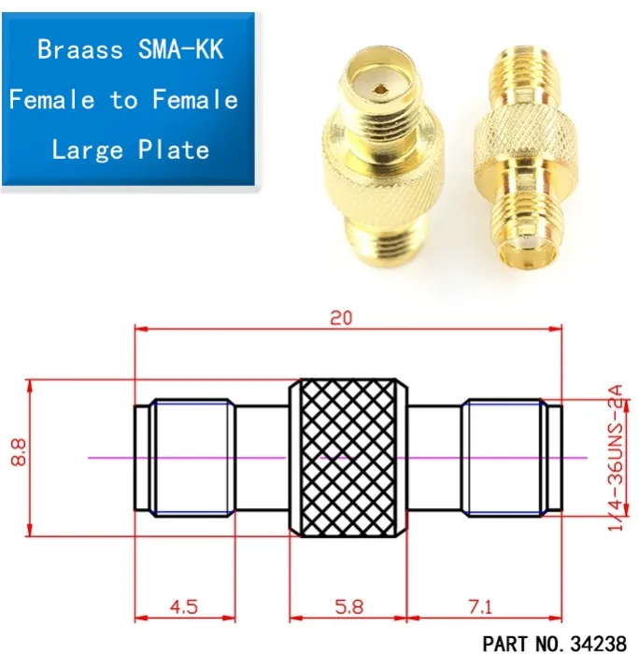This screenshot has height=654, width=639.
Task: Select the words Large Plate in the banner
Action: [x=130, y=149]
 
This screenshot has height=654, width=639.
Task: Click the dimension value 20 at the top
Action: [x=342, y=318]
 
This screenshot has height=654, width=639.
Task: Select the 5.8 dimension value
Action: [x=348, y=606]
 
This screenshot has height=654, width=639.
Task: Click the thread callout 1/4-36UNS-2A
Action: [x=615, y=463]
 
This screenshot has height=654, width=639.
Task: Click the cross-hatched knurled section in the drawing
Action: [x=348, y=457]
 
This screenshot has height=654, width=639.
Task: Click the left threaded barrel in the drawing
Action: [x=192, y=457]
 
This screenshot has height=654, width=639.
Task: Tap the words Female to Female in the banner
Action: [x=123, y=99]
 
